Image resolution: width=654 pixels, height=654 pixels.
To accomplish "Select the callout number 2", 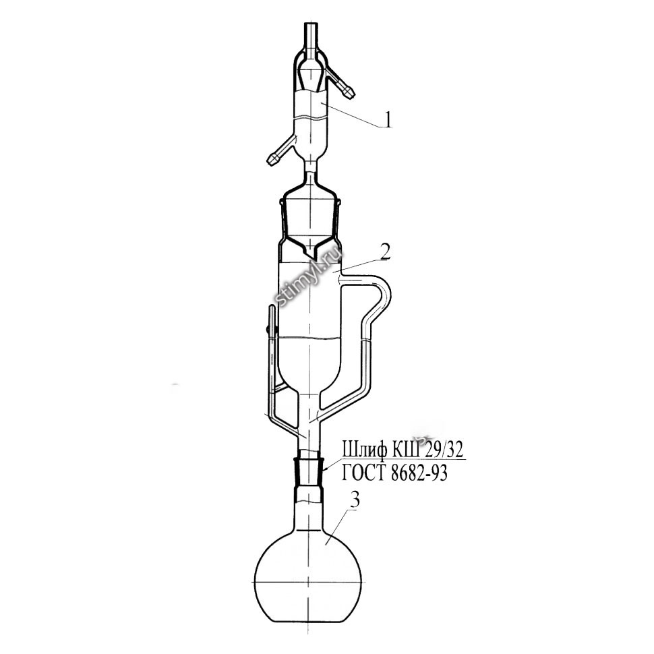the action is [x=385, y=251].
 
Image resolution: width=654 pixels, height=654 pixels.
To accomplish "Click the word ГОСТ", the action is [x=365, y=473].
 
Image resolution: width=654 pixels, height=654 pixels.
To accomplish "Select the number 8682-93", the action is [x=419, y=473].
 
